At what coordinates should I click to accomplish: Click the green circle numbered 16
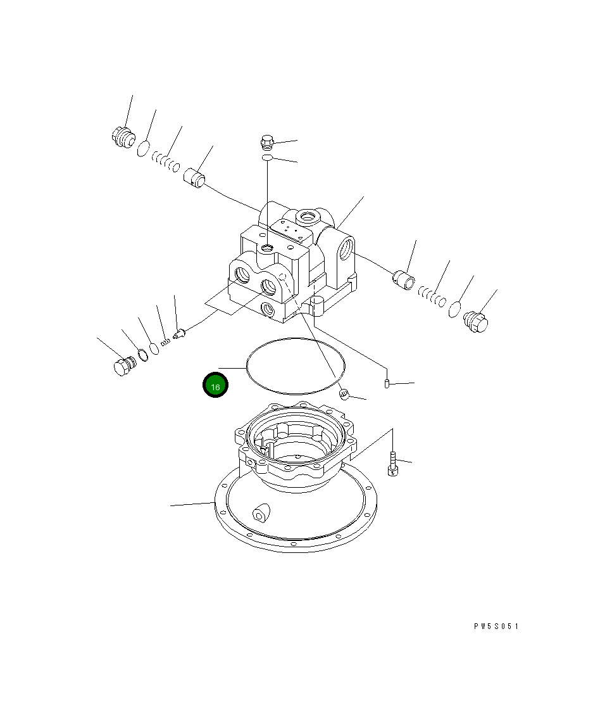pyautogui.click(x=215, y=386)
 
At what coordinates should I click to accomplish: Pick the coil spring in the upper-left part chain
pyautogui.click(x=165, y=162)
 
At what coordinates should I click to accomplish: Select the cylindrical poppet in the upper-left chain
pyautogui.click(x=195, y=177)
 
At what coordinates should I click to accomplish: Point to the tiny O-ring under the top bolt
pyautogui.click(x=267, y=157)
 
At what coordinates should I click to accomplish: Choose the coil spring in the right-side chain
pyautogui.click(x=432, y=295)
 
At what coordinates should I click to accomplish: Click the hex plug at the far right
pyautogui.click(x=477, y=322)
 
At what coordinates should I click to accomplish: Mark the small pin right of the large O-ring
pyautogui.click(x=387, y=384)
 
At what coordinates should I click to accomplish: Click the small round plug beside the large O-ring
pyautogui.click(x=344, y=395)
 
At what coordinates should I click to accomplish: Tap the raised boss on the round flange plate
pyautogui.click(x=259, y=513)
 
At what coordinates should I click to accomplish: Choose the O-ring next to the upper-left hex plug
pyautogui.click(x=144, y=149)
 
